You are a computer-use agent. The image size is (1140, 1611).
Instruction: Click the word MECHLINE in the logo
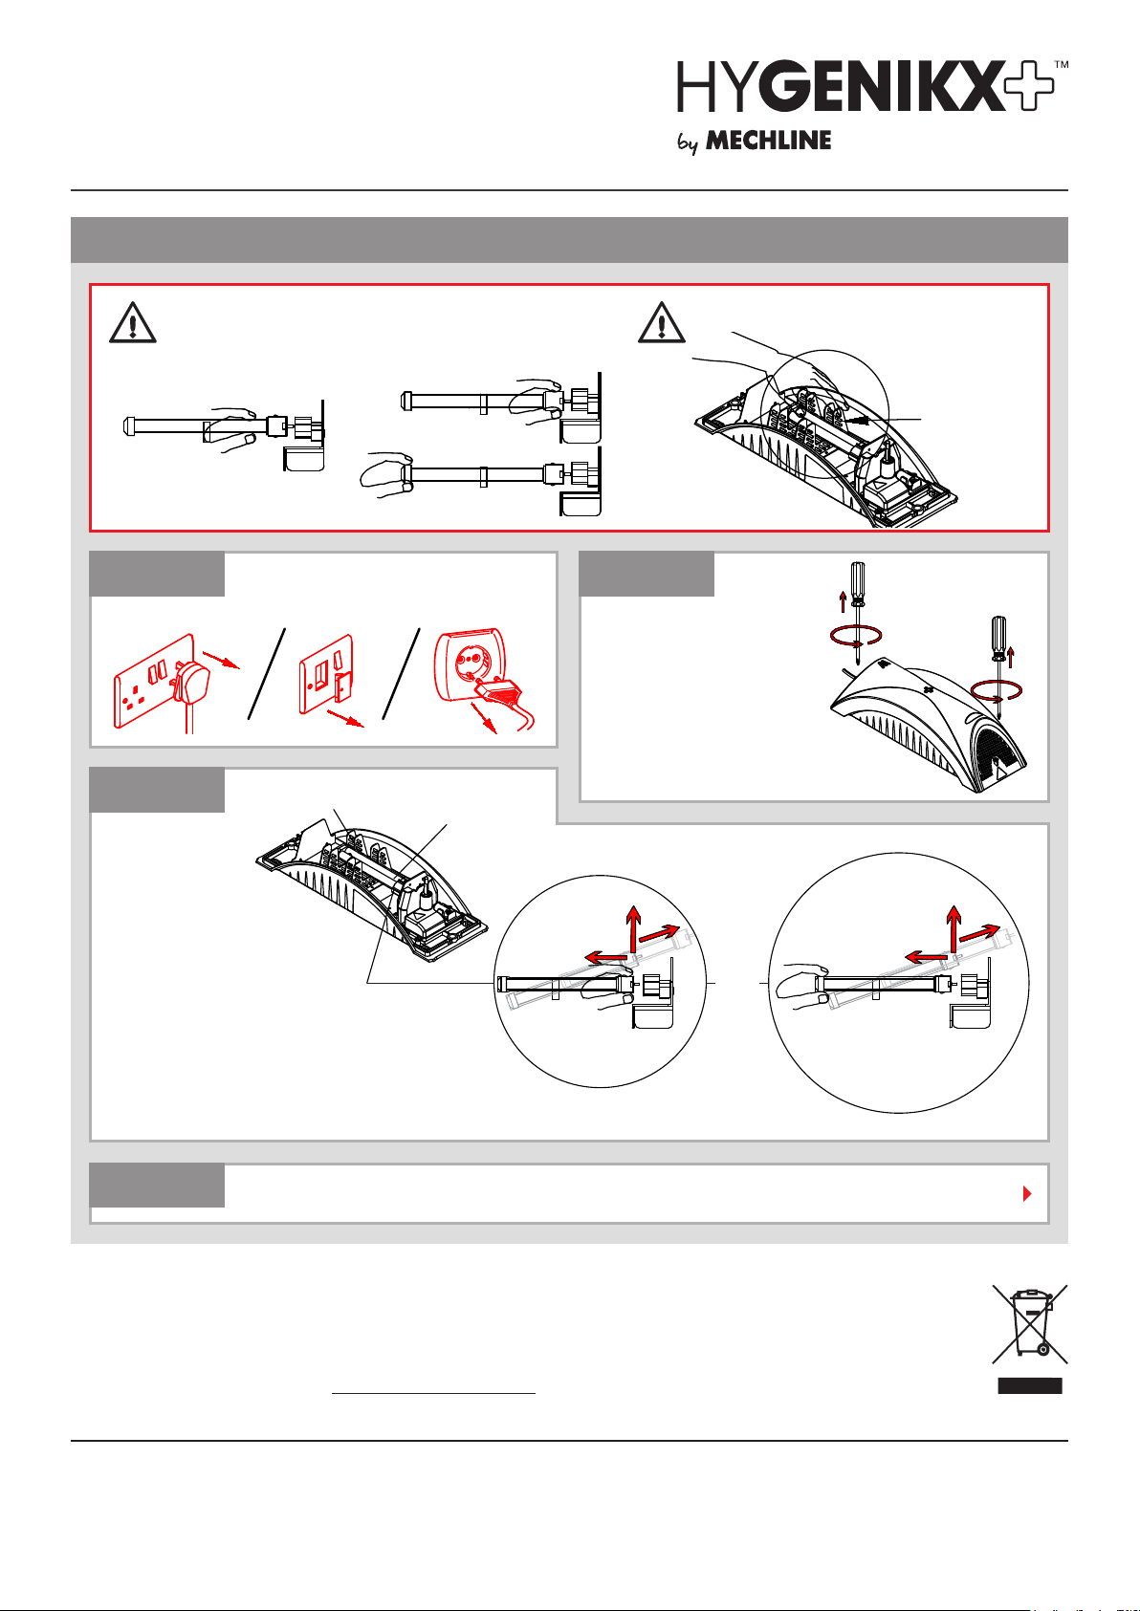(x=768, y=141)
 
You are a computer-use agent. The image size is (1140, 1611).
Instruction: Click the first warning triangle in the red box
(x=132, y=323)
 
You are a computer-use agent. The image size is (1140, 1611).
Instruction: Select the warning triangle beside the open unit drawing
(x=661, y=323)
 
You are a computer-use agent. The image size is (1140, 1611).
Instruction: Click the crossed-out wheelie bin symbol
(x=1030, y=1324)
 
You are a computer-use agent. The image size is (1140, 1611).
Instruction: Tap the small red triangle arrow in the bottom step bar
(x=1027, y=1194)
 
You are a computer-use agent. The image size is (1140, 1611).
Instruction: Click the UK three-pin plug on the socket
(x=190, y=682)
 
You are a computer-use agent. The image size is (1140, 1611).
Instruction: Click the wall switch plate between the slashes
(x=326, y=675)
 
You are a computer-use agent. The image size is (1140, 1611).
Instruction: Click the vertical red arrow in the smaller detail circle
(x=633, y=928)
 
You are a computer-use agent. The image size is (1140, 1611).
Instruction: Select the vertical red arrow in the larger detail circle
(x=954, y=928)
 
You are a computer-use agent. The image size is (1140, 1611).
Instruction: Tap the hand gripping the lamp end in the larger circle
(x=800, y=986)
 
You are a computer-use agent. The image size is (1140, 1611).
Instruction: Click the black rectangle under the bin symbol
(x=1030, y=1386)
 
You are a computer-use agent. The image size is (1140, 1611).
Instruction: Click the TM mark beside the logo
(x=1062, y=65)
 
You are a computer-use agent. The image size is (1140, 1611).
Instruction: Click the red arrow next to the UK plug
(x=222, y=660)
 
